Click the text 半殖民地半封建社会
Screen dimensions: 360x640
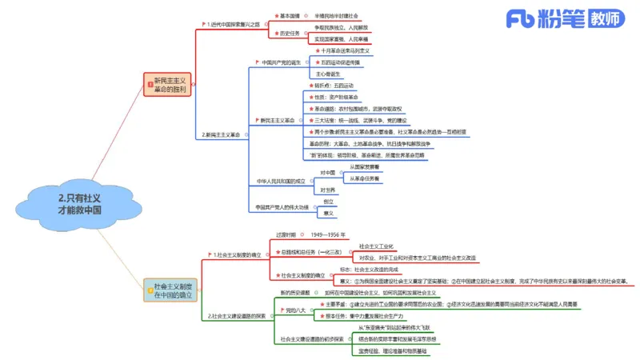(336, 15)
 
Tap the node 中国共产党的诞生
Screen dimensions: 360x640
(281, 62)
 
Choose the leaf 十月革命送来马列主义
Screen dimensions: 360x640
(344, 50)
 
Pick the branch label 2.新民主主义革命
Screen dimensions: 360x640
(221, 134)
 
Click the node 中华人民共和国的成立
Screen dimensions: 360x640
(281, 181)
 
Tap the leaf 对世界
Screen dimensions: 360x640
(328, 190)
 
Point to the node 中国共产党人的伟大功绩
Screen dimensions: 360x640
(282, 207)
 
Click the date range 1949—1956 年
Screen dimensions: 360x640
(329, 235)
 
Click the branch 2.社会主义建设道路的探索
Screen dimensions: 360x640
(238, 316)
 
